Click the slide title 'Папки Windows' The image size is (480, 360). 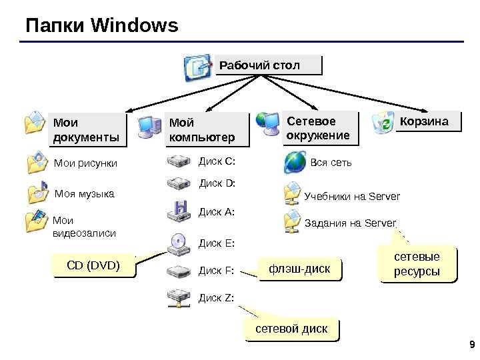[x=102, y=26]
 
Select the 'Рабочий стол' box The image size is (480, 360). [x=268, y=65]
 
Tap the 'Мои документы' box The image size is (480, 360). [x=87, y=129]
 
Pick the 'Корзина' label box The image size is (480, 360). [x=427, y=122]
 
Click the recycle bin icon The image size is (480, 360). [x=384, y=123]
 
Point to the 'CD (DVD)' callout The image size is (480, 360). [x=94, y=267]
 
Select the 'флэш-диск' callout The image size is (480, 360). [x=299, y=269]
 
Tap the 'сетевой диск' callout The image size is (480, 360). [x=292, y=329]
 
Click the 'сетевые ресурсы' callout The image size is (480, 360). [x=419, y=264]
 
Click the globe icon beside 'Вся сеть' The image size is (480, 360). [x=294, y=162]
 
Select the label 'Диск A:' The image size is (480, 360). [x=217, y=212]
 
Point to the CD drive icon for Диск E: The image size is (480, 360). [x=178, y=243]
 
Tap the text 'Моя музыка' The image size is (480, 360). [x=84, y=194]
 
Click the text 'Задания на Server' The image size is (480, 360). [x=350, y=223]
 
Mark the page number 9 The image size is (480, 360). [x=471, y=345]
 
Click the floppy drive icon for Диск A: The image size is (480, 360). [x=179, y=211]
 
